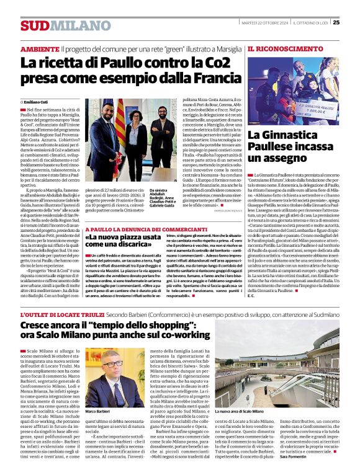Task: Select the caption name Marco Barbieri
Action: pyautogui.click(x=97, y=411)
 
